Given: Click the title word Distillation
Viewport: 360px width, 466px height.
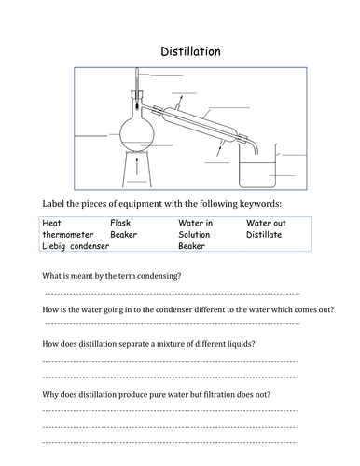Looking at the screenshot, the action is tap(190, 51).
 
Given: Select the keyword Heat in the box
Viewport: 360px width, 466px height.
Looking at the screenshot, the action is tap(51, 223).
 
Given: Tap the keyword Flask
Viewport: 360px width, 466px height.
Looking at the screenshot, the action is tap(120, 223).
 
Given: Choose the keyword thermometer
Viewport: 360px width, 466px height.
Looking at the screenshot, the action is tap(68, 235).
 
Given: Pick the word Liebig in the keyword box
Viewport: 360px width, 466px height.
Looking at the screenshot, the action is tap(54, 246).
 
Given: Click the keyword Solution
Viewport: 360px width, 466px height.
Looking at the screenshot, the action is tap(194, 235).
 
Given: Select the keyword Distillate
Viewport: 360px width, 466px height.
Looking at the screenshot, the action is tap(264, 235).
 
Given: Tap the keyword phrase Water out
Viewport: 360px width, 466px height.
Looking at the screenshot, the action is tap(266, 223).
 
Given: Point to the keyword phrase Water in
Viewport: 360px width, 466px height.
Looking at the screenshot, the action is tap(195, 223).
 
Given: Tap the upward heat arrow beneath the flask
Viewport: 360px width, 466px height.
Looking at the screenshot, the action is tap(137, 167).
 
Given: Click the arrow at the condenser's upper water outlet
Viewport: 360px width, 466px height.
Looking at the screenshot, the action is tap(180, 102).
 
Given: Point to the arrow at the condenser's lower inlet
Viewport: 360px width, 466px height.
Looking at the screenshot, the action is tap(219, 149).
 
